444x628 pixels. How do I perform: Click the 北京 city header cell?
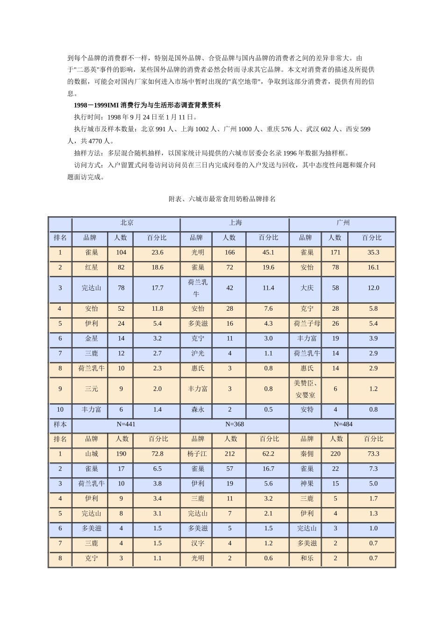point(126,223)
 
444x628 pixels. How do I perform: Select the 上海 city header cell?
point(234,223)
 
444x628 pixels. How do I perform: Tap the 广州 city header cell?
point(343,223)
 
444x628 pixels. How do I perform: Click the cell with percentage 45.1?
point(268,252)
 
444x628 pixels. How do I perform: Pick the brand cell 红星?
point(91,267)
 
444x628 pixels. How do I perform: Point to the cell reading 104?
point(121,252)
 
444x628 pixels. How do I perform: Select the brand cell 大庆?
point(307,288)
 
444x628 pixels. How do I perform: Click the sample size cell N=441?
point(126,424)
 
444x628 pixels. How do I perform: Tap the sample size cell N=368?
point(234,424)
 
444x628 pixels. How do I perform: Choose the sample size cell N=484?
point(343,424)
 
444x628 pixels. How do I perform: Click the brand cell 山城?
point(91,454)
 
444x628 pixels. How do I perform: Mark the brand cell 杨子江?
point(197,454)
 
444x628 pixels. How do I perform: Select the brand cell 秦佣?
point(307,454)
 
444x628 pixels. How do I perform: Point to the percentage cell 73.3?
point(373,454)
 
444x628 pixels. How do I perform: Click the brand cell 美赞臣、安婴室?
point(307,389)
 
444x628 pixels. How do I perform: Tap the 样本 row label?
point(60,424)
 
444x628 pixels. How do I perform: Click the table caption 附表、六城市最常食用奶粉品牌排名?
point(222,199)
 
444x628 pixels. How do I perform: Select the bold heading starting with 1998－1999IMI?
point(147,105)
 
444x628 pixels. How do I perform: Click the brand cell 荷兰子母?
point(307,323)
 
